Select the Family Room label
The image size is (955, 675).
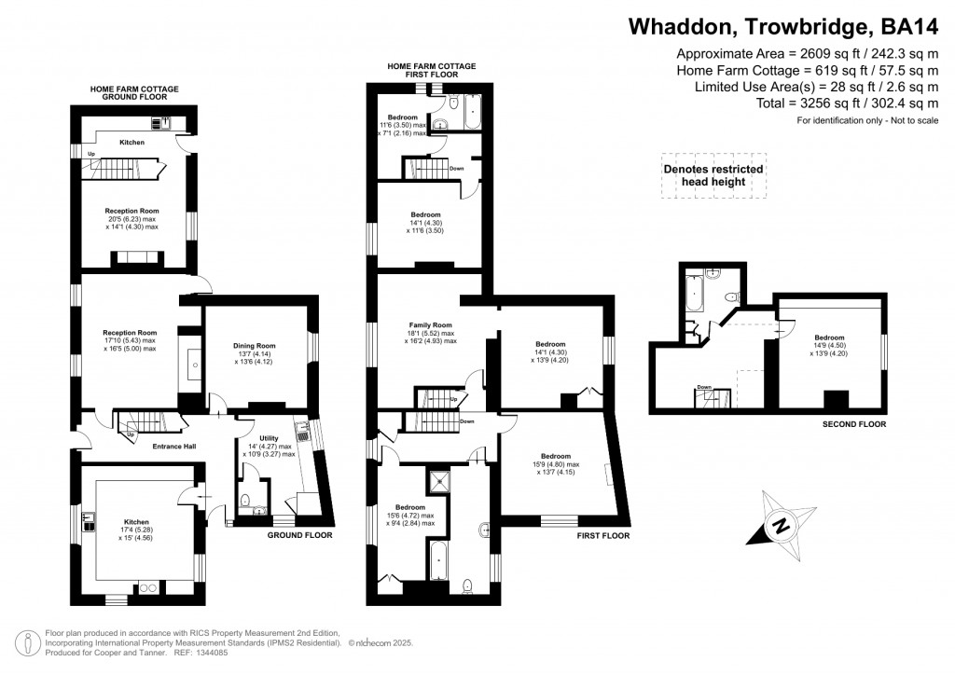(430, 325)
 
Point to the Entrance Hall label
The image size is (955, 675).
(173, 447)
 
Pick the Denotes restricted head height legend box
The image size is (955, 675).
(713, 175)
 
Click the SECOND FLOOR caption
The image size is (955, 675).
(852, 424)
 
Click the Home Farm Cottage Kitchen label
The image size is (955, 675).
(131, 143)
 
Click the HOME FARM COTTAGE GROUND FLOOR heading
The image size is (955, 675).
(134, 92)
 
